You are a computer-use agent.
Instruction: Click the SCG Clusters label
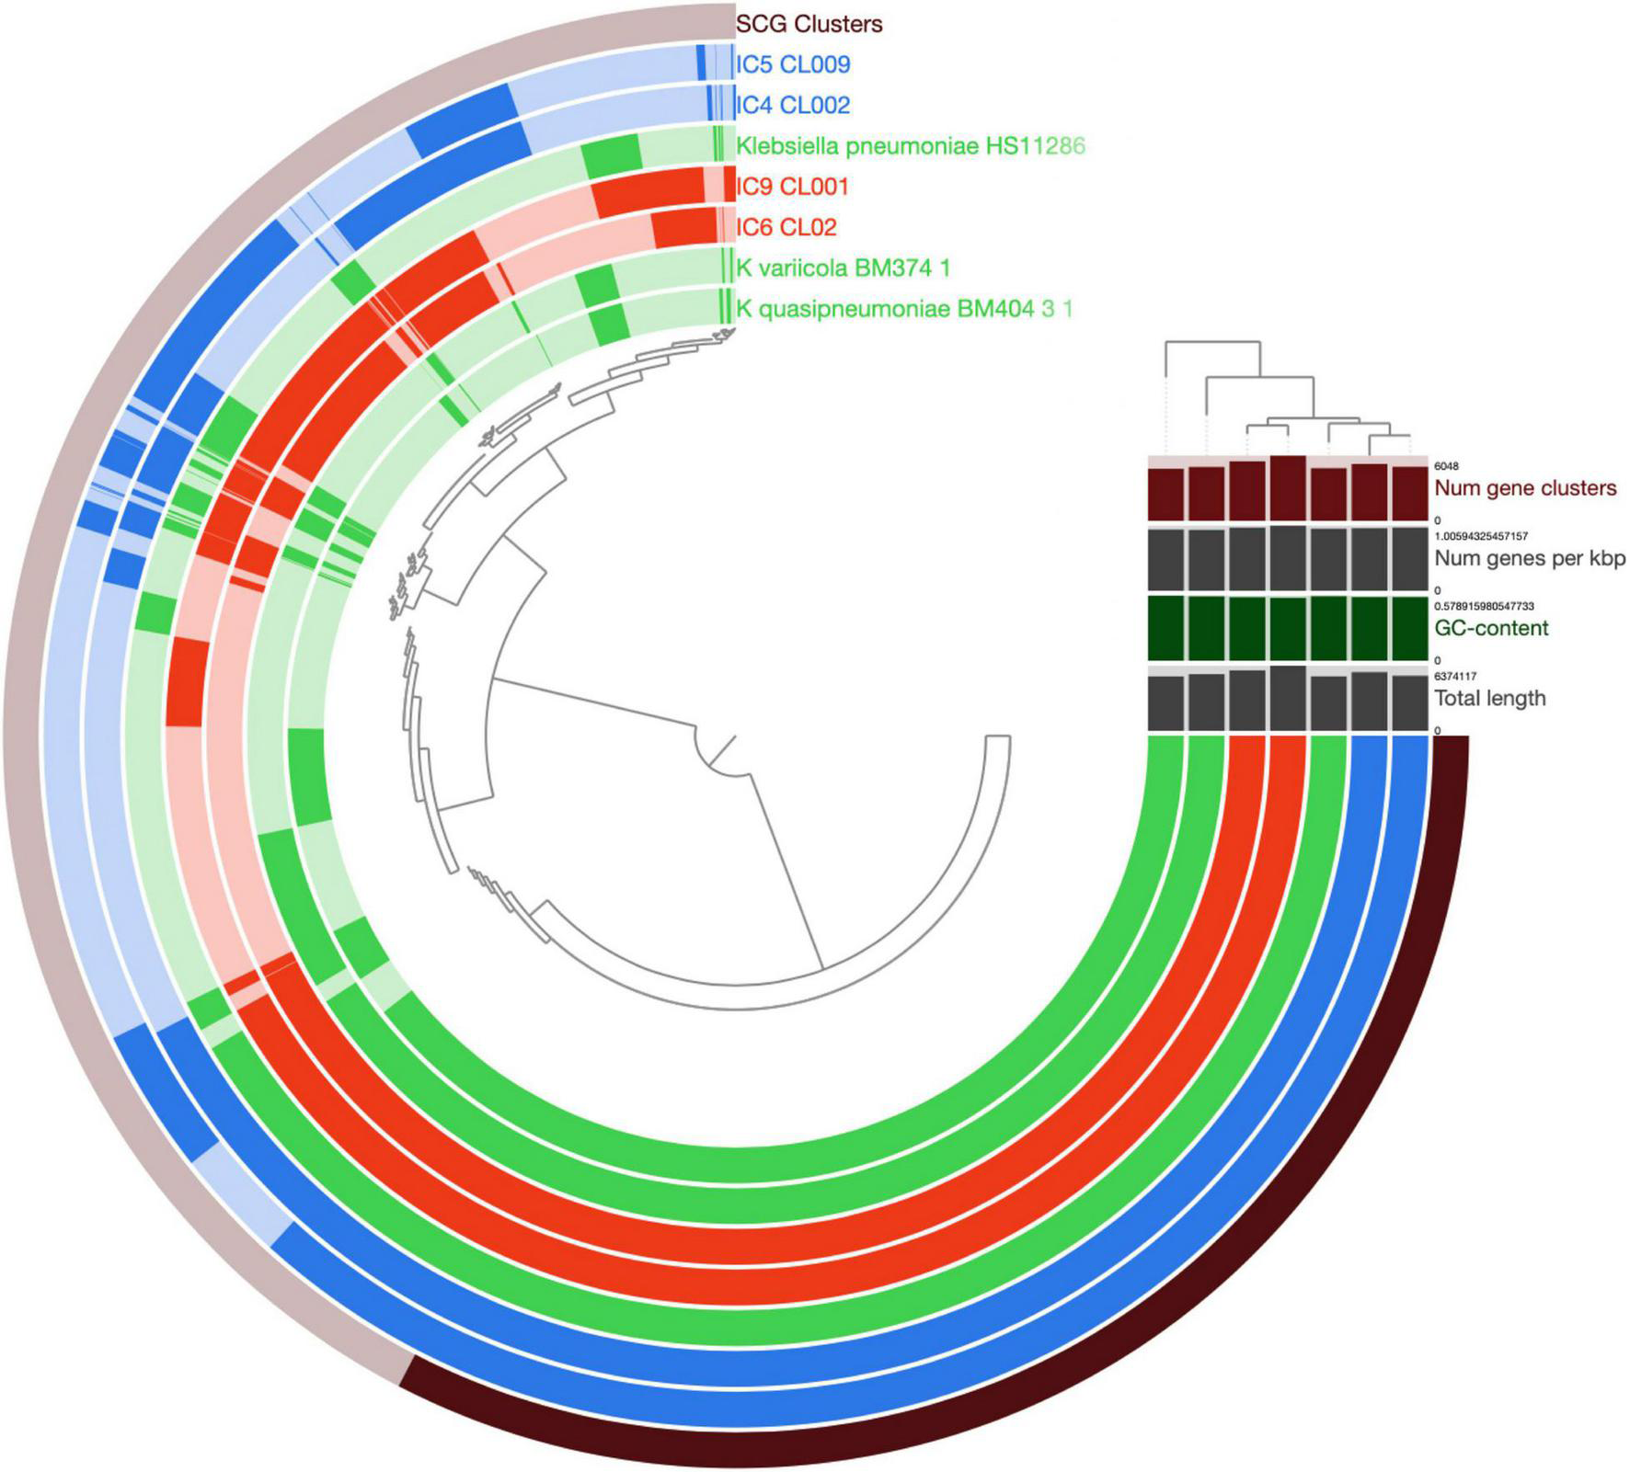pos(809,24)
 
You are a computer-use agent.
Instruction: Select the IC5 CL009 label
pos(793,64)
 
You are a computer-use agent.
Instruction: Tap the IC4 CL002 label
pos(793,105)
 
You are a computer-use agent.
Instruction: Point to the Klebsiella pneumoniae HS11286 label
pos(911,145)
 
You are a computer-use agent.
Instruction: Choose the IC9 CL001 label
pos(792,187)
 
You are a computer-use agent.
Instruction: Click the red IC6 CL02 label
pos(786,227)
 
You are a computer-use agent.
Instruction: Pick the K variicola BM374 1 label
pos(843,268)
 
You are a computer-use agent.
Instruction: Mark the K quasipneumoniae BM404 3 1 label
pos(904,309)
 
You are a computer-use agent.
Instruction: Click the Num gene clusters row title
pos(1525,488)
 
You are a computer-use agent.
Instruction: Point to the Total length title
pos(1490,698)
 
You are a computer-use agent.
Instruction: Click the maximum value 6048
pos(1446,467)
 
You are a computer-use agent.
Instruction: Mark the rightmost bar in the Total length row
pos(1408,703)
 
